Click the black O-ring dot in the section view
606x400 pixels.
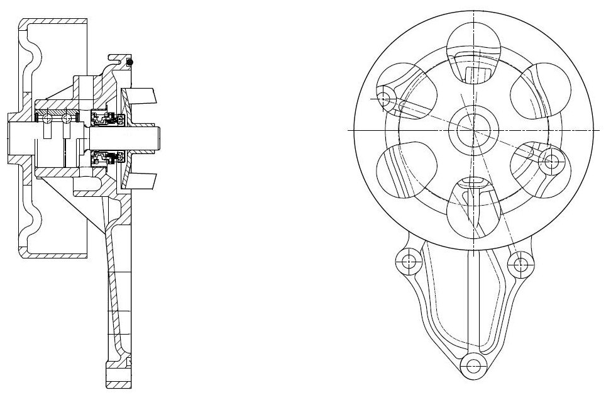tap(130, 62)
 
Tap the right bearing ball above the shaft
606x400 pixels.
tap(65, 118)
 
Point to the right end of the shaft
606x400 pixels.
tap(160, 138)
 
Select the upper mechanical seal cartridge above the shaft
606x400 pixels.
tap(104, 117)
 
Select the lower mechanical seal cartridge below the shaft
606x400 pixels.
tap(104, 157)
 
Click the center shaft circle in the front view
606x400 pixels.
tap(473, 130)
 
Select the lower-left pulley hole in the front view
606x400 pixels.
tap(407, 169)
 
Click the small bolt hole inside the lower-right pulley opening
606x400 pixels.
tap(551, 160)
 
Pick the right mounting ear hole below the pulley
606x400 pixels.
tap(520, 264)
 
